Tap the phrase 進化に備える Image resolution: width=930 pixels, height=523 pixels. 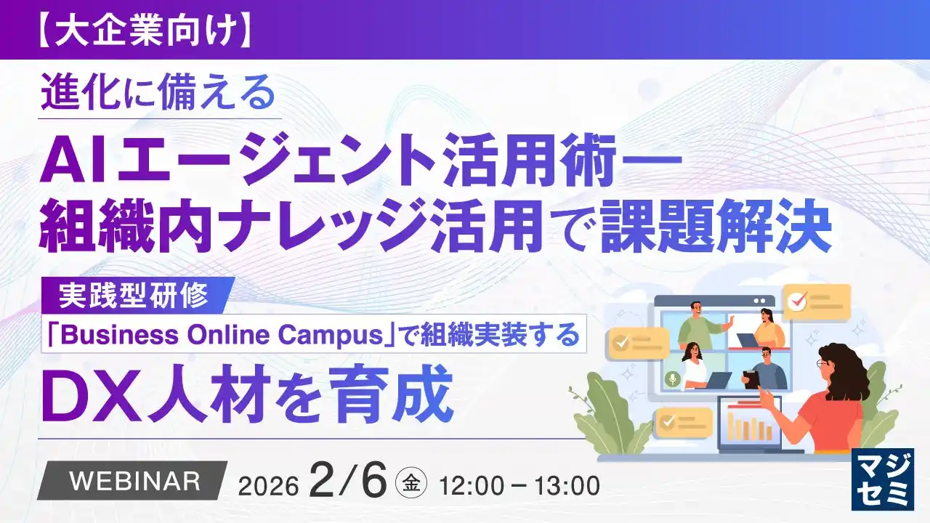tap(158, 94)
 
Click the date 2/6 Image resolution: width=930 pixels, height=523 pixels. tap(347, 480)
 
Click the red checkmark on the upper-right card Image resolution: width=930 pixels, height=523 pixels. tap(797, 301)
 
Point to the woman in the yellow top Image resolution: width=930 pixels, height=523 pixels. tap(766, 327)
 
